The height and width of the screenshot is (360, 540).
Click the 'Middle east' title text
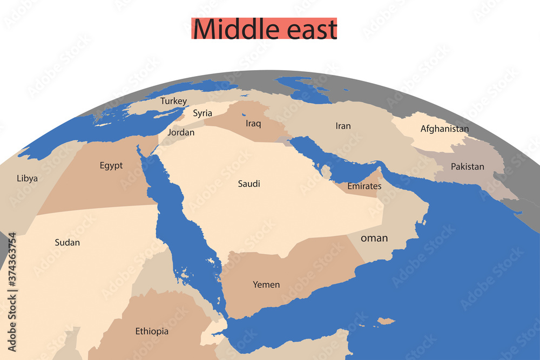(265, 29)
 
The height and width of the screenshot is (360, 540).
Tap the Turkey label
(174, 101)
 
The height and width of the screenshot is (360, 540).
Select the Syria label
(202, 113)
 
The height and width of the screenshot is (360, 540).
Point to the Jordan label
(181, 132)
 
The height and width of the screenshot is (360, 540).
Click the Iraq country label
(253, 124)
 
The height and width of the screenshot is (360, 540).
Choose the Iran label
(343, 126)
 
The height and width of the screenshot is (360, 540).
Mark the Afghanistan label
(444, 129)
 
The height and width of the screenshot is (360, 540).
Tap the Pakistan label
(468, 166)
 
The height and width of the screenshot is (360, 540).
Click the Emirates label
(364, 186)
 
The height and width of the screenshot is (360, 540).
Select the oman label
(374, 237)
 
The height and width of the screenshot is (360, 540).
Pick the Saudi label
(249, 184)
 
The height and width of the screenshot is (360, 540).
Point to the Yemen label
(266, 284)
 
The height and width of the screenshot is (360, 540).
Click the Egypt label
(111, 166)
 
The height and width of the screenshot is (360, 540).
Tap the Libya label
(27, 178)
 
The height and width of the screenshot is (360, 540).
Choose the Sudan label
(67, 242)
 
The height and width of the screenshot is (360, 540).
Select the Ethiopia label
(152, 331)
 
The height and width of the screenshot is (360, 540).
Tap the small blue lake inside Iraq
(244, 114)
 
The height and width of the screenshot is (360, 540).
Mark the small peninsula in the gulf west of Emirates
(326, 172)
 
